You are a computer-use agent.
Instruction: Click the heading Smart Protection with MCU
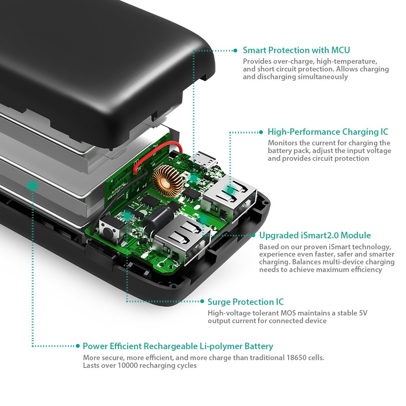(296, 50)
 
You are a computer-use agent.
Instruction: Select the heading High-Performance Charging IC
(328, 132)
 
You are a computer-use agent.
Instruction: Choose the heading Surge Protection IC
(245, 302)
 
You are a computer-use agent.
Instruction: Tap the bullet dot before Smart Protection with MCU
(235, 51)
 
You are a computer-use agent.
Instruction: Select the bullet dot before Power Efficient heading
(78, 346)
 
